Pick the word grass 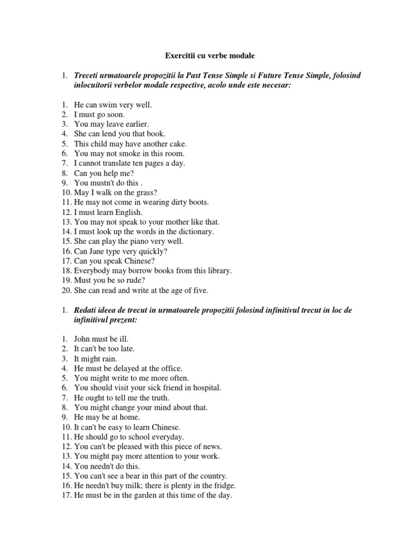point(145,192)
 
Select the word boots point(197,202)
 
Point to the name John point(83,339)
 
